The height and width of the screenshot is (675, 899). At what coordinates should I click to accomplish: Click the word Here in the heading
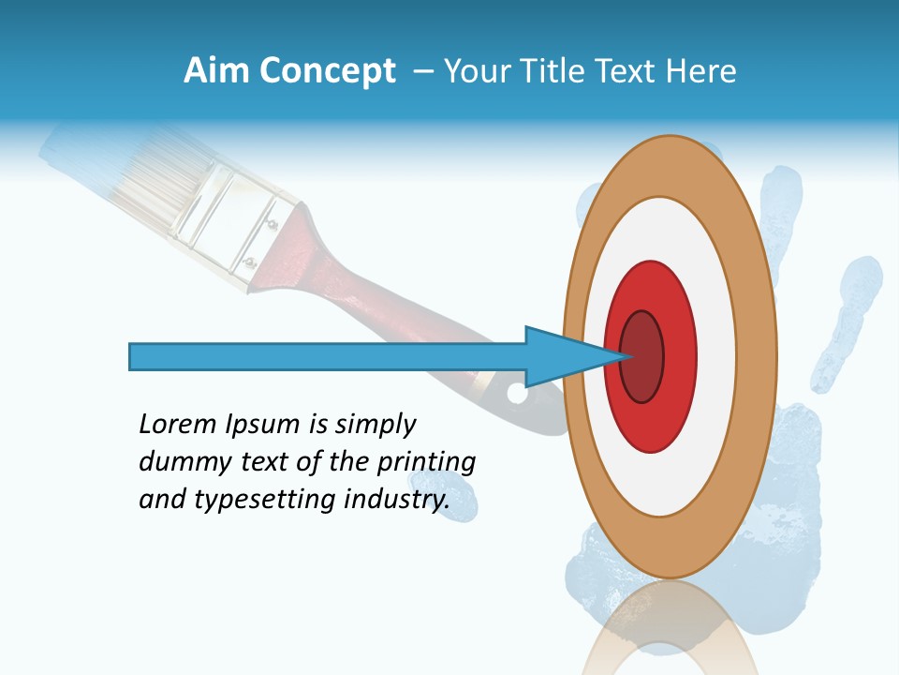[700, 71]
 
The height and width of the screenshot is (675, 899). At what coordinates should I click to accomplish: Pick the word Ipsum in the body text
[261, 426]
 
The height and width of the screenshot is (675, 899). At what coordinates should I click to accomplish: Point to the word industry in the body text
[392, 500]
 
